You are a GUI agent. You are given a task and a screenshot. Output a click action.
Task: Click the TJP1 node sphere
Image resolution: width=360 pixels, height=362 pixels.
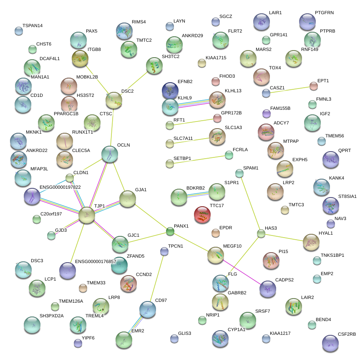87,214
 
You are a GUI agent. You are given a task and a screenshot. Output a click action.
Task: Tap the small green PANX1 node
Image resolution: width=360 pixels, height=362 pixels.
170,231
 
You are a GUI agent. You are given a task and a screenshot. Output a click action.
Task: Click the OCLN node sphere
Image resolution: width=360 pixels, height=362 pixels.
110,154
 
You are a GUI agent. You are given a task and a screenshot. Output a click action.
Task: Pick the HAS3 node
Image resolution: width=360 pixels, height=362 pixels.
261,233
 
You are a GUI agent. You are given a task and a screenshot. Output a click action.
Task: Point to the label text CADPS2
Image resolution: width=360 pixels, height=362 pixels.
284,280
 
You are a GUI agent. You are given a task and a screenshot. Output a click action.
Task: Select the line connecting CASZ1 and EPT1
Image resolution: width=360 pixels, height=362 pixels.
290,89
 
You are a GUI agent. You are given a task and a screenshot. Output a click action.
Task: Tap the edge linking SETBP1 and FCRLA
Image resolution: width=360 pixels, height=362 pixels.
199,159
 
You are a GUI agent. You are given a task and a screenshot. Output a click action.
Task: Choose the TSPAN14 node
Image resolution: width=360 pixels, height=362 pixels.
19,30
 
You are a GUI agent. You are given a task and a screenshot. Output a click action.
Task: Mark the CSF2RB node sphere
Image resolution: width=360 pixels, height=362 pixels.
331,343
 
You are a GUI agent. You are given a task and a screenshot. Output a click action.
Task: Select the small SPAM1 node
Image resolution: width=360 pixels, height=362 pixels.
239,173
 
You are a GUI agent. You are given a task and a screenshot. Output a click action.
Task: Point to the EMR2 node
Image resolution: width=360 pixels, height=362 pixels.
123,339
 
